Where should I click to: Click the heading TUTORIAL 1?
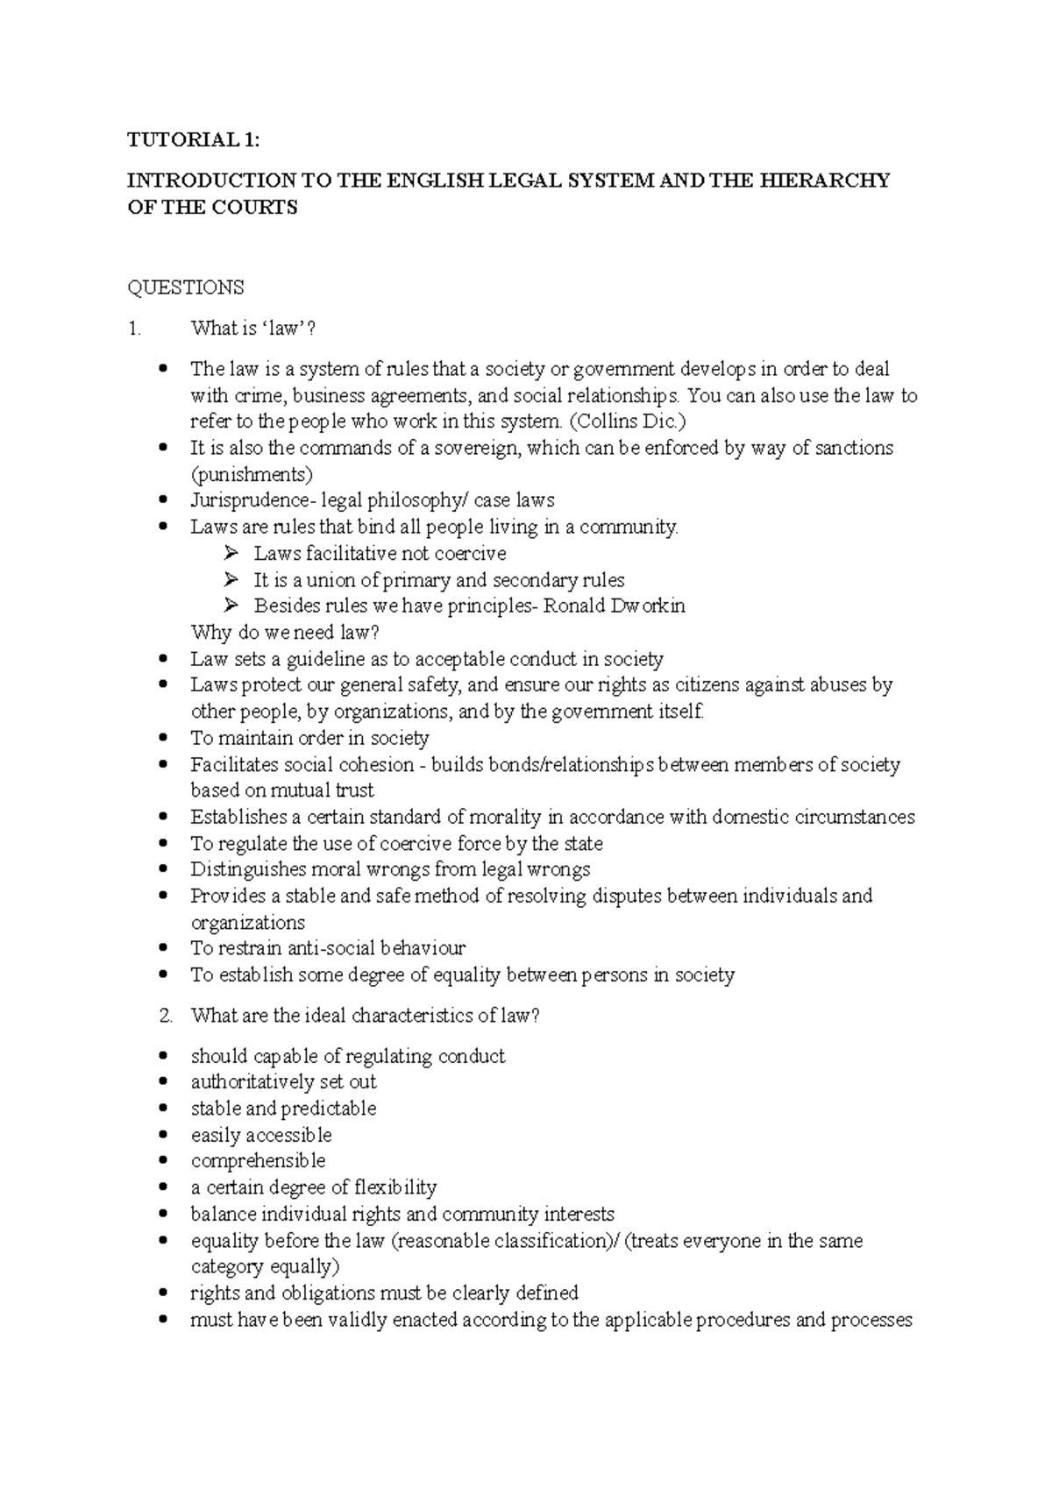point(194,139)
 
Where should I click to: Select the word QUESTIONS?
point(186,287)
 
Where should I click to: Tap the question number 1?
point(133,329)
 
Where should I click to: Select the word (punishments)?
point(252,474)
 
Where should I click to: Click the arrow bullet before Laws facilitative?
point(231,553)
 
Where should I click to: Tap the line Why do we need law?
point(285,632)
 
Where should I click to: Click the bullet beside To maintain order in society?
point(163,738)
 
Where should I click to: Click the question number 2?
point(167,1016)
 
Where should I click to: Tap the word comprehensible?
point(258,1161)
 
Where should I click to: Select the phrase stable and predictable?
point(283,1109)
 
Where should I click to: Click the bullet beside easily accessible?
point(163,1136)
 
